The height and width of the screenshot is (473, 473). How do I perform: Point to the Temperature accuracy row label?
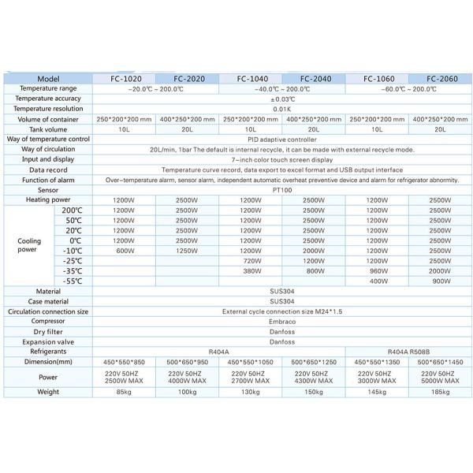click(48, 99)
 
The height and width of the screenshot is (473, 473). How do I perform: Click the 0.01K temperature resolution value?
click(281, 109)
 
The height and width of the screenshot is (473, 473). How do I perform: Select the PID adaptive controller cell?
click(281, 139)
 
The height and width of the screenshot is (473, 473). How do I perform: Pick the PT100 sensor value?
click(281, 190)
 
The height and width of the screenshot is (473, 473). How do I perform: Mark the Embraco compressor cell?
click(281, 322)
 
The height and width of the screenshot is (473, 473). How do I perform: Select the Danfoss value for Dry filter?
click(281, 332)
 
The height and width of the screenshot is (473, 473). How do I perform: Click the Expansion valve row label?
click(48, 342)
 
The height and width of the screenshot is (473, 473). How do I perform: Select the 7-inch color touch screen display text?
click(281, 159)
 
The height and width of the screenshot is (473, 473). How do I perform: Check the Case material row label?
click(48, 301)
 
